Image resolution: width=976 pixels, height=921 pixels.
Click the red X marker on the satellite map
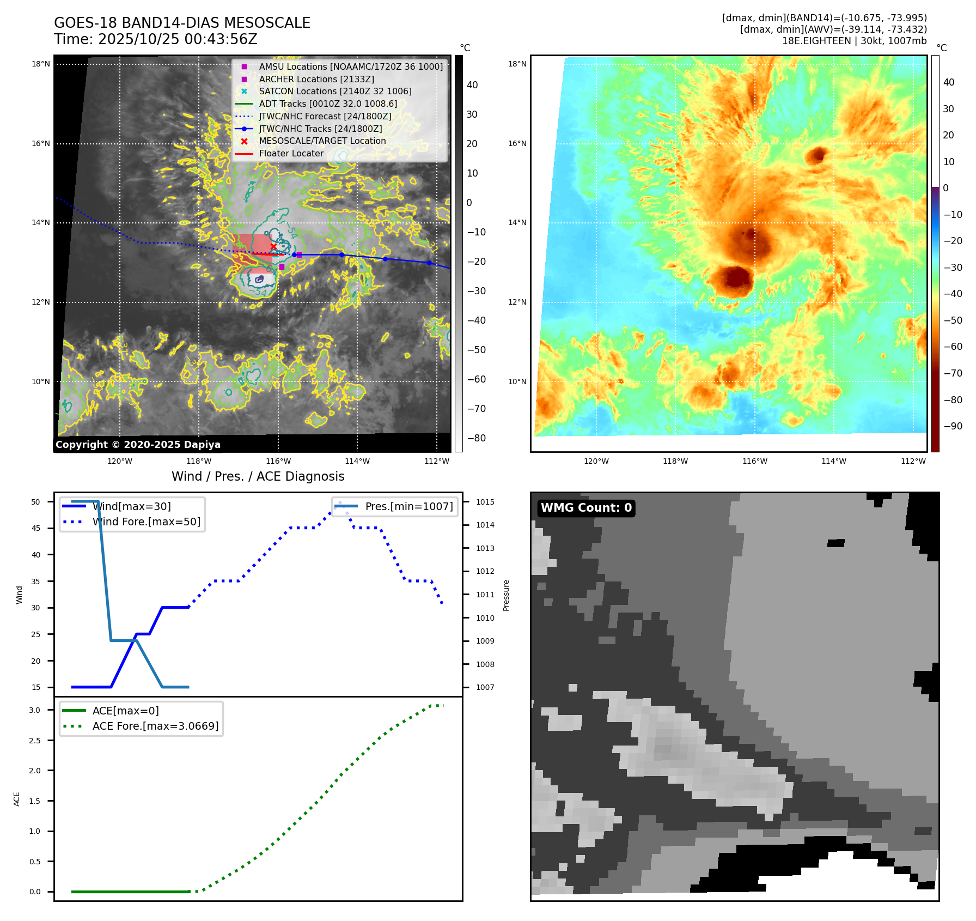point(273,247)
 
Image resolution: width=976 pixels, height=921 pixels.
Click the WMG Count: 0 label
point(586,508)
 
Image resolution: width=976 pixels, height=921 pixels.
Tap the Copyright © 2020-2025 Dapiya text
point(138,445)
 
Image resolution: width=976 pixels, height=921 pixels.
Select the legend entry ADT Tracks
point(328,104)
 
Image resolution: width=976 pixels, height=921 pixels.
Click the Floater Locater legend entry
point(291,154)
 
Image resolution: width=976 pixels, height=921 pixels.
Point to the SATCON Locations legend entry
point(335,92)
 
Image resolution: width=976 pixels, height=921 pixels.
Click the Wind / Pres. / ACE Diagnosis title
point(258,476)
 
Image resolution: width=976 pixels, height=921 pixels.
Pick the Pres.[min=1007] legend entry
point(408,506)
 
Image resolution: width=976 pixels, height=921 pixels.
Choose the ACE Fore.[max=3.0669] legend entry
point(155,726)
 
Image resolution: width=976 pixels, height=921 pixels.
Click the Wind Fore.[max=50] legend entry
point(146,522)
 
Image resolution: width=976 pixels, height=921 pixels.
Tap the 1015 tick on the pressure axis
point(485,502)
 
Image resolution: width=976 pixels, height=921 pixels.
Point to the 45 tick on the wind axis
point(36,528)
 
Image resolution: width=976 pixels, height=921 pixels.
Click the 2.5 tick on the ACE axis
point(35,741)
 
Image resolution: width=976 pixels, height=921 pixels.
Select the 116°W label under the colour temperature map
point(754,461)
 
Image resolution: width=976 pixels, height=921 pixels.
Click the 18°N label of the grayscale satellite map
point(41,64)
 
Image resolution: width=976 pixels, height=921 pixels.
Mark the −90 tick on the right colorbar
point(953,426)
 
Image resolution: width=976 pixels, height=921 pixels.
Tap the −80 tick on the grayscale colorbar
point(476,438)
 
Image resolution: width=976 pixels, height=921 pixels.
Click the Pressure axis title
point(506,595)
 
